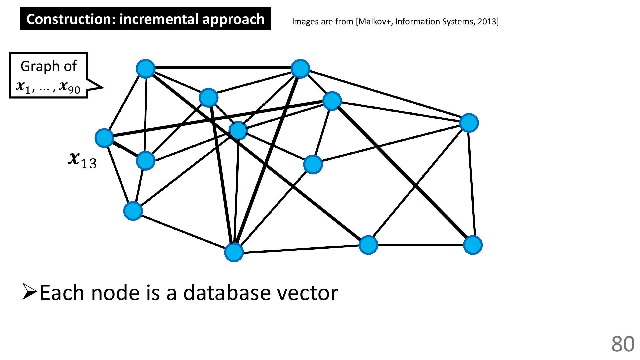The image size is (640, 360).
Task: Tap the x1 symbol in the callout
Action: [x=23, y=87]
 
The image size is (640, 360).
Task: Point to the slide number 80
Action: [x=623, y=344]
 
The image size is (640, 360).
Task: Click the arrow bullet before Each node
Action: [x=30, y=292]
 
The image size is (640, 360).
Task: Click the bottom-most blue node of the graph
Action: [x=234, y=252]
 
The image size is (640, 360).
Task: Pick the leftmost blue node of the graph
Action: [x=105, y=138]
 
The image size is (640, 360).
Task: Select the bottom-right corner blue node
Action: [x=473, y=245]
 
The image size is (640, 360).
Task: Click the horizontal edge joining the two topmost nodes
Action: [x=223, y=68]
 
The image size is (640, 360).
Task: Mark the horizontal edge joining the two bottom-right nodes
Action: [x=421, y=245]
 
